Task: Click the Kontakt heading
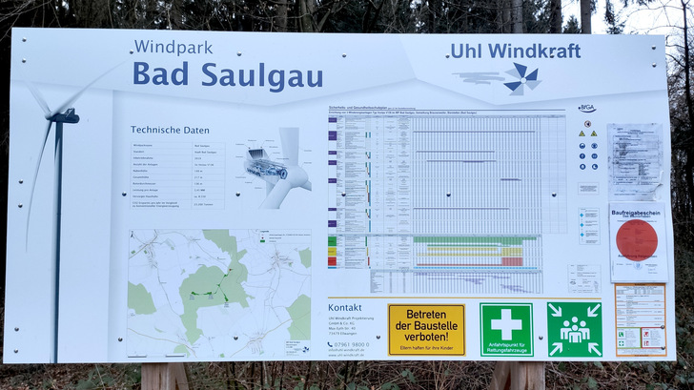(345, 308)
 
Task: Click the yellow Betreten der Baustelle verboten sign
(426, 330)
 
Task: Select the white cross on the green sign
(505, 322)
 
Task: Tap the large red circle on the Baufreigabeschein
(637, 239)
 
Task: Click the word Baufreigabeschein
(638, 214)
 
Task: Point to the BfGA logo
(587, 108)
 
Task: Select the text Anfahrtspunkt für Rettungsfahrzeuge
(505, 347)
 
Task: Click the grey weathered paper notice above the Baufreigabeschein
(635, 161)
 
